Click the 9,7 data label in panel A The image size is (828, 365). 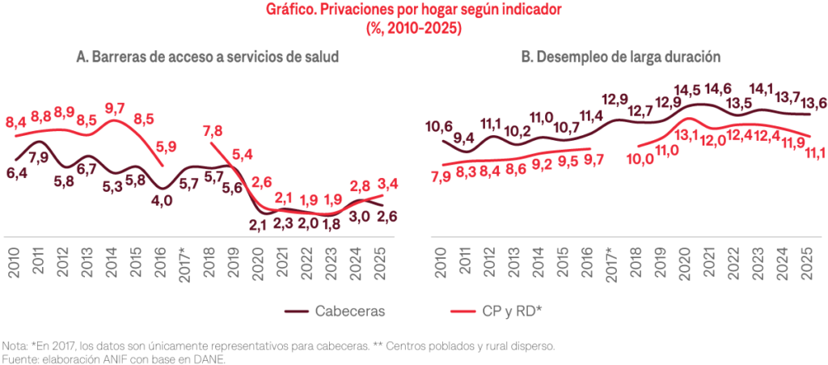pyautogui.click(x=115, y=108)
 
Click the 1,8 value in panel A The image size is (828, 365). pyautogui.click(x=332, y=225)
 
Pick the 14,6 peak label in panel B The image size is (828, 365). pyautogui.click(x=718, y=89)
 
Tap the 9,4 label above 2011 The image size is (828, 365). pyautogui.click(x=463, y=138)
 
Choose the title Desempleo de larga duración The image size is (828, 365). pyautogui.click(x=621, y=57)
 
